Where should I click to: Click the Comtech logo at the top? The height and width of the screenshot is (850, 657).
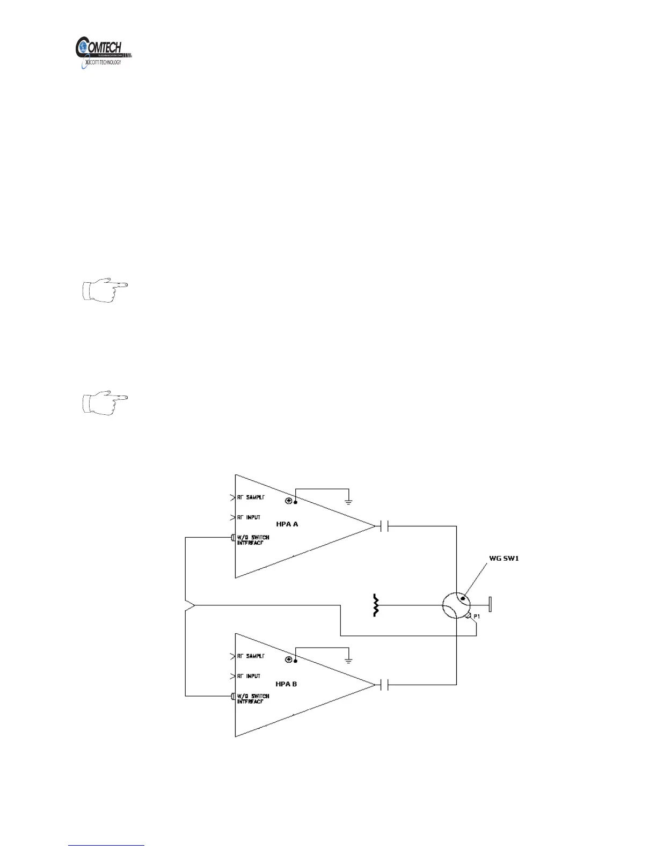104,52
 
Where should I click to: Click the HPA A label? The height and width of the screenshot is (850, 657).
287,524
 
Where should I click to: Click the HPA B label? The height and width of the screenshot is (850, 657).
286,684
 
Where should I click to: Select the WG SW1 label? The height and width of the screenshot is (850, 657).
503,559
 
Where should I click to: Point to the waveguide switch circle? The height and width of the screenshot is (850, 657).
456,606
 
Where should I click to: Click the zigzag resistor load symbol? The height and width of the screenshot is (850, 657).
376,605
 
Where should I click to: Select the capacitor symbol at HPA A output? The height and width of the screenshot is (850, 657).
383,526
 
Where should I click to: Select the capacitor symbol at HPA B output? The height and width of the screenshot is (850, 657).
383,685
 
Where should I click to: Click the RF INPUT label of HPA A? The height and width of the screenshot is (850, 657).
249,517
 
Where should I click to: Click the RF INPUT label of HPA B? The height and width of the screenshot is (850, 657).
249,676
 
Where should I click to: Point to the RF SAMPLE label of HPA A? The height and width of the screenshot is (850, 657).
251,497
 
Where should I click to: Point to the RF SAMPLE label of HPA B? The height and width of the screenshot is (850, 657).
251,656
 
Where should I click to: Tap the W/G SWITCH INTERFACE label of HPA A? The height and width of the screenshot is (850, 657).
253,540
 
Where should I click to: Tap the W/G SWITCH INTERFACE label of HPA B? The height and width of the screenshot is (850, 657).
253,699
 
